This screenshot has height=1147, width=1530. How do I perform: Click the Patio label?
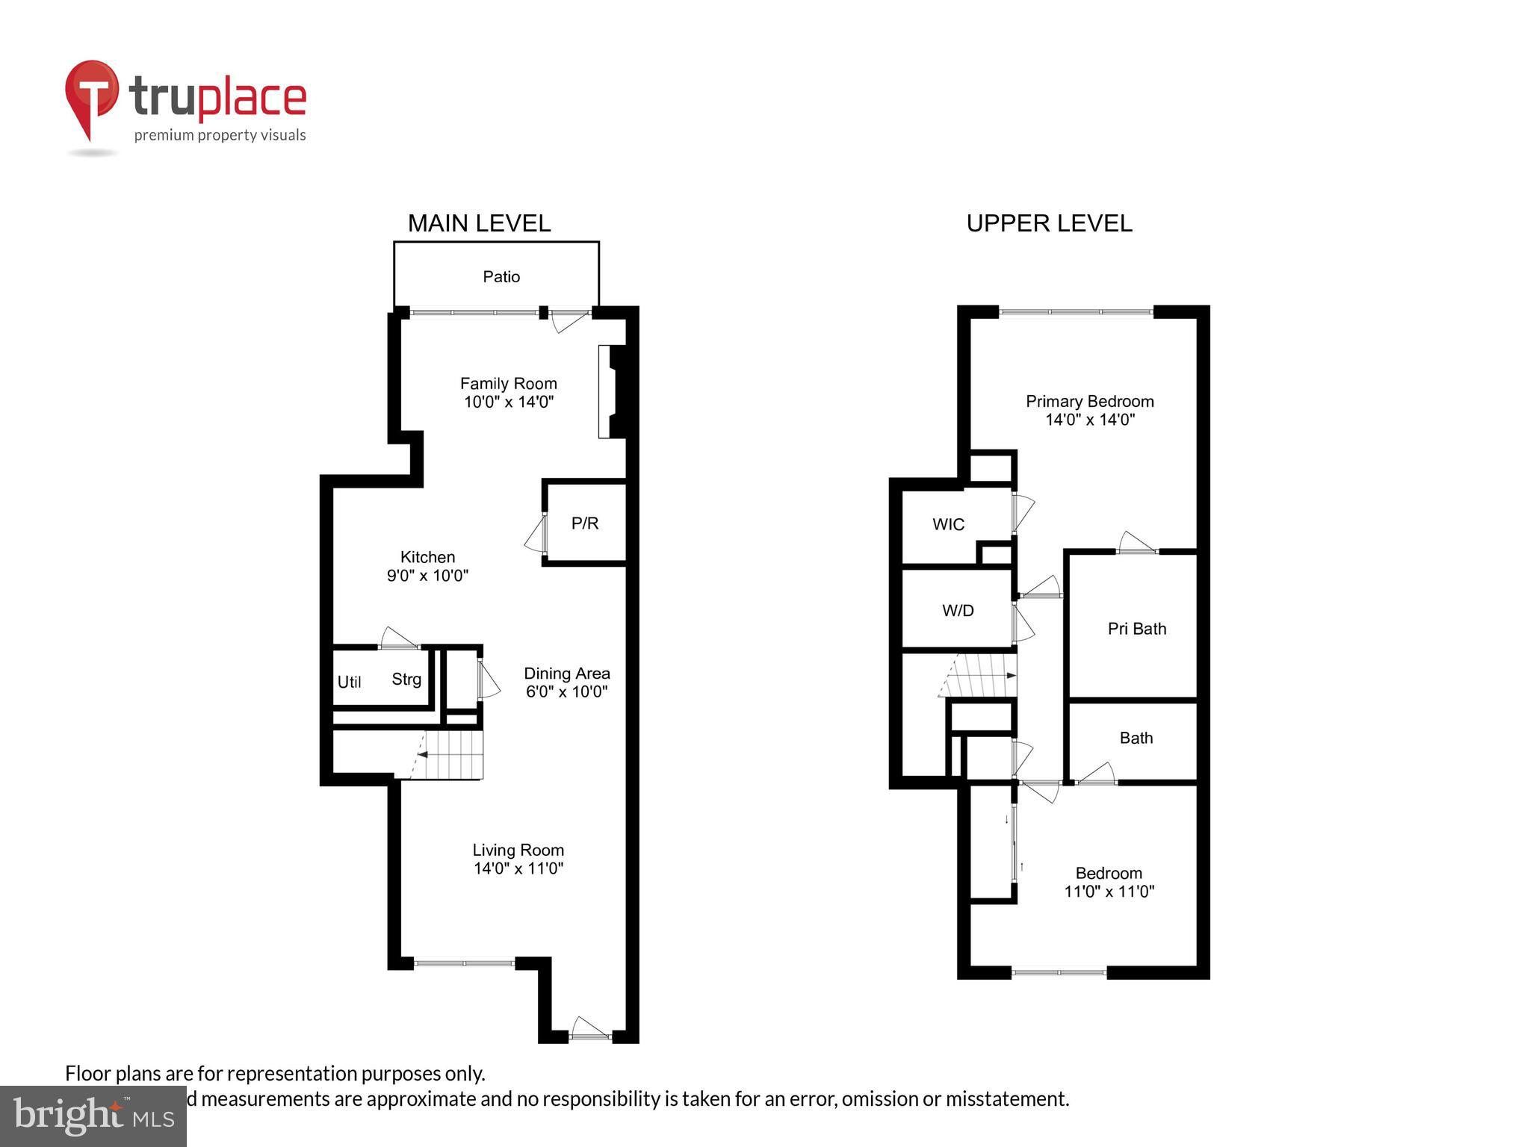click(x=501, y=277)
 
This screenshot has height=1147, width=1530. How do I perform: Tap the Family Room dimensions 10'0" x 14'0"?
click(x=508, y=402)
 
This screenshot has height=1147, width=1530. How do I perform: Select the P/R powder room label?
click(x=585, y=523)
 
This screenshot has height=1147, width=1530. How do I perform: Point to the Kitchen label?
click(x=427, y=557)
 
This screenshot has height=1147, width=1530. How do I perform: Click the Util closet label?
click(x=349, y=682)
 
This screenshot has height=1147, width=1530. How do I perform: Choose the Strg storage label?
click(x=406, y=679)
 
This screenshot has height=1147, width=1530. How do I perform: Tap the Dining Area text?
click(x=566, y=674)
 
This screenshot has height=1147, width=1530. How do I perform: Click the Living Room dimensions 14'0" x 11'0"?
click(x=518, y=868)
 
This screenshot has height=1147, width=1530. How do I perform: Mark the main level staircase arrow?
click(x=423, y=755)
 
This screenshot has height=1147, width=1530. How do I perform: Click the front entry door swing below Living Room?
click(x=589, y=1028)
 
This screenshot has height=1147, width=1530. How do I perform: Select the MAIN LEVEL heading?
click(x=479, y=223)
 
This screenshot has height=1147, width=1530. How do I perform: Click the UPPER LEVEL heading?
click(x=1049, y=223)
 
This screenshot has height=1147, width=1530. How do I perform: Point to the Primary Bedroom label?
click(x=1089, y=402)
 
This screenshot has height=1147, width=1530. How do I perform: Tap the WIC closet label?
click(x=948, y=525)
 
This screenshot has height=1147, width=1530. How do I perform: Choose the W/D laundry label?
click(x=958, y=611)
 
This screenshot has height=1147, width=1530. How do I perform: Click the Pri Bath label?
click(x=1136, y=629)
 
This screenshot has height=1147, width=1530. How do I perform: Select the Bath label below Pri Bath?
click(x=1136, y=739)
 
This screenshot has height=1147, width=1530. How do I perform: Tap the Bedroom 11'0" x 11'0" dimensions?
click(x=1109, y=892)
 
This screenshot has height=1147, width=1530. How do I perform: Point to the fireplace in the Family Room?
click(x=614, y=391)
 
